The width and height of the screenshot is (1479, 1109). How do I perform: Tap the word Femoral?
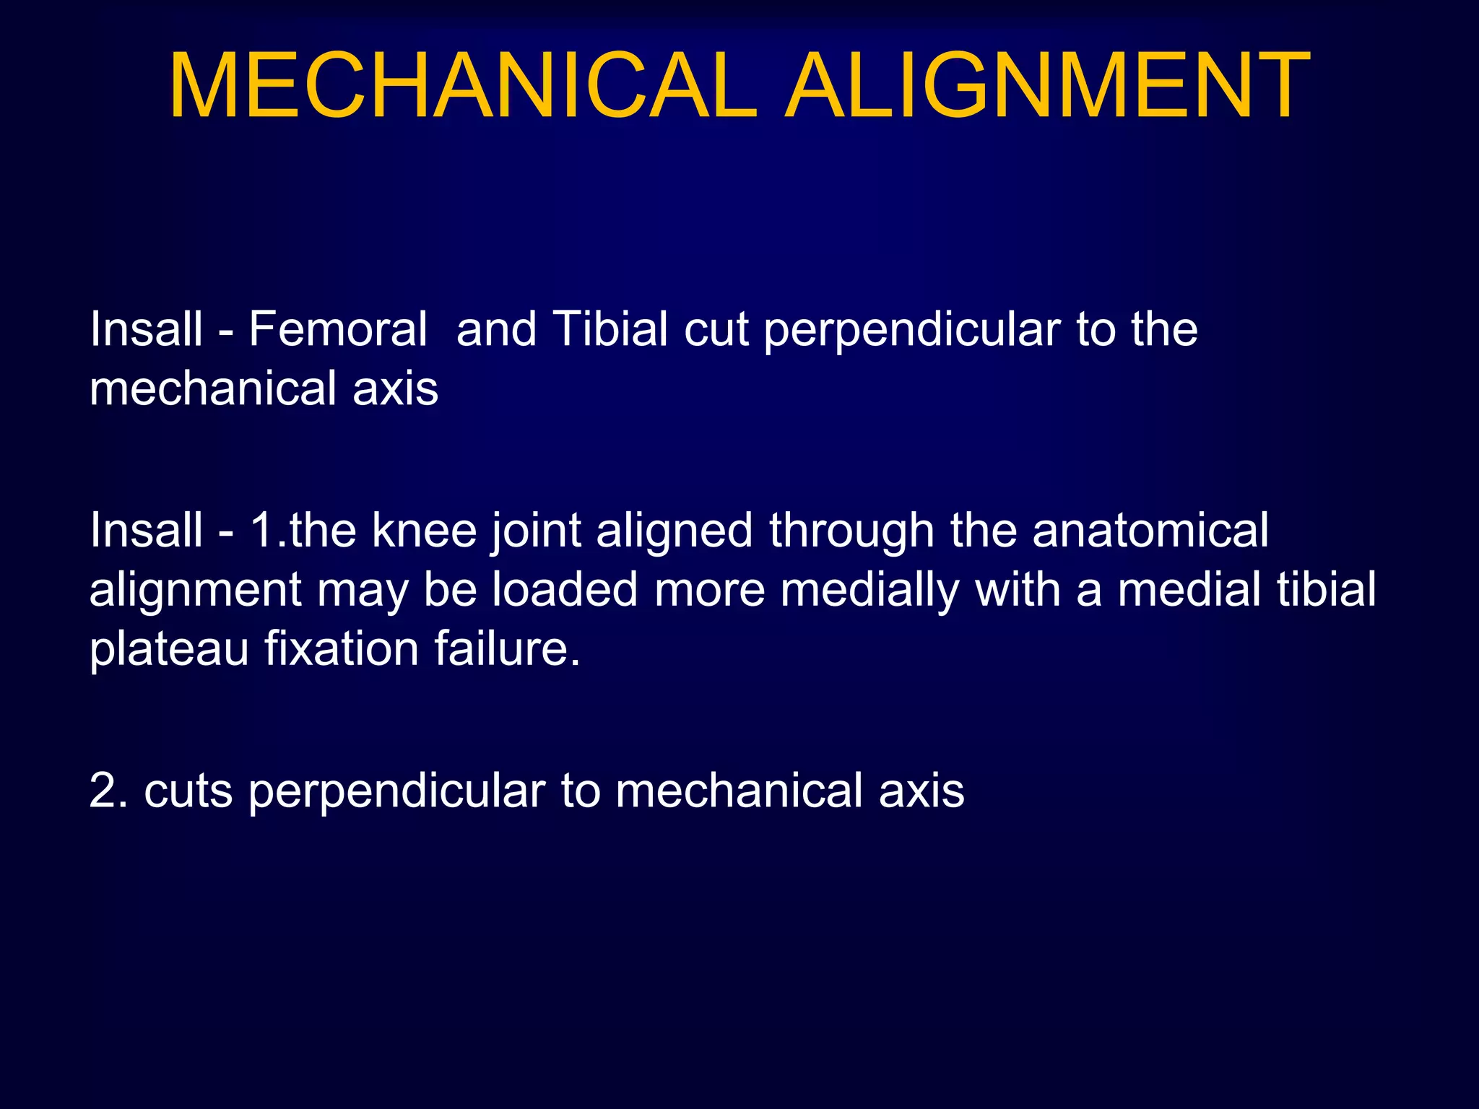[338, 329]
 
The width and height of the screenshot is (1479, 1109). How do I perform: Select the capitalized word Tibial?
[611, 329]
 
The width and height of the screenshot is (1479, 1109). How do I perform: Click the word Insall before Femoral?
[146, 329]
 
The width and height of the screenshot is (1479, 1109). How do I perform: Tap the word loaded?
[565, 589]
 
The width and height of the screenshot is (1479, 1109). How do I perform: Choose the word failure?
[507, 648]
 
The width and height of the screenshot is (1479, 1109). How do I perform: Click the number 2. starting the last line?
[109, 791]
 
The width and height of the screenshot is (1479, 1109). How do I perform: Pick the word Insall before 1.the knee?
[146, 531]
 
